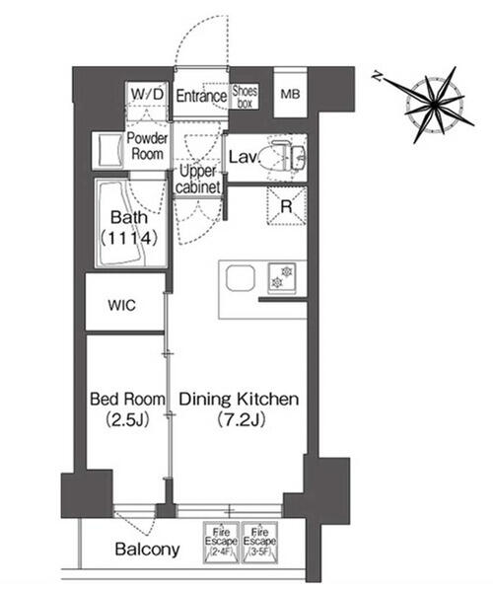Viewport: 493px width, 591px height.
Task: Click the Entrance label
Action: point(201,96)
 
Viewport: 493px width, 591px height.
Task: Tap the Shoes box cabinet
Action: point(245,97)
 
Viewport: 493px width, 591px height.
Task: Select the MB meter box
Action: point(290,94)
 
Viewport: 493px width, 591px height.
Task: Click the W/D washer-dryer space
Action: point(148,95)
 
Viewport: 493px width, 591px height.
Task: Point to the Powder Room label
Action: point(147,146)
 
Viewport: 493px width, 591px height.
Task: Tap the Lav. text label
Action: point(245,157)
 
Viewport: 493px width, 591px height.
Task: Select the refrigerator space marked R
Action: point(287,206)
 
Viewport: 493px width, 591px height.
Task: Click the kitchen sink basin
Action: point(241,278)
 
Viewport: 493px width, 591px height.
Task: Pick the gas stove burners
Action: point(282,277)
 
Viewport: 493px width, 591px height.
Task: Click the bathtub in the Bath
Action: point(120,224)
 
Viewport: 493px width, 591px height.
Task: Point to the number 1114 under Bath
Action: point(129,238)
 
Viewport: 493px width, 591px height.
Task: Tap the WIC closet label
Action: point(121,305)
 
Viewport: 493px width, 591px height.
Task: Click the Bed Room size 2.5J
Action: point(127,419)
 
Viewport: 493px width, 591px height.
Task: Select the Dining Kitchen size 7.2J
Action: point(242,419)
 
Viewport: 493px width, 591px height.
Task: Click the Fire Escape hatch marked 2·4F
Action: point(221,543)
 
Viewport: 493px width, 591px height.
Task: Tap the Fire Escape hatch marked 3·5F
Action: point(259,543)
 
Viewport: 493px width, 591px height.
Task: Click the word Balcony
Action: point(147,550)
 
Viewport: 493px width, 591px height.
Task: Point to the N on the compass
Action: point(377,76)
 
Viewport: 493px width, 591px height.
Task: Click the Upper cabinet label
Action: point(198,179)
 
